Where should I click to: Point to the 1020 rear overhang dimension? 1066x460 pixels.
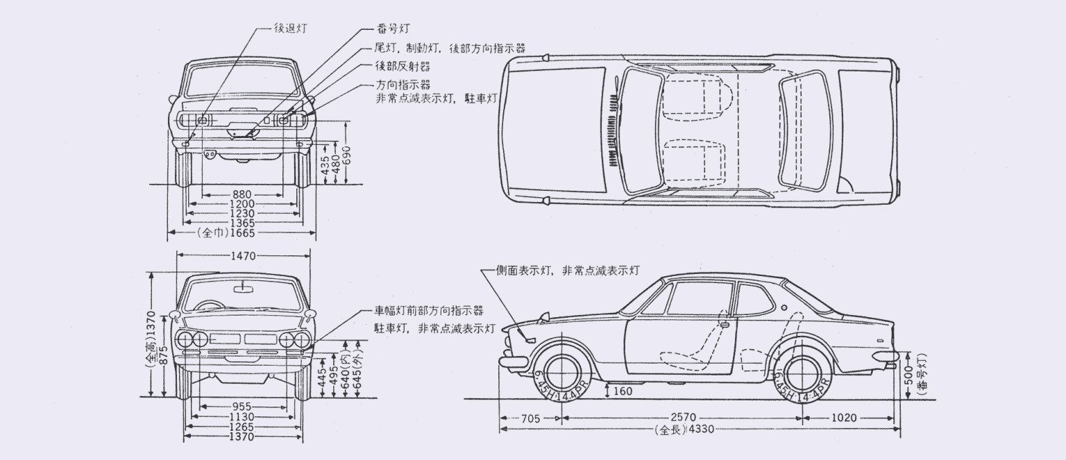point(844,418)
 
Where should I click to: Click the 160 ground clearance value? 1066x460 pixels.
point(623,391)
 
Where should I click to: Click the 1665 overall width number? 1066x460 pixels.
point(242,233)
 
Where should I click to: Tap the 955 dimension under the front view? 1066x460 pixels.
point(242,406)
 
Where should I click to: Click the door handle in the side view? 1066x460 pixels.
point(724,324)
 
